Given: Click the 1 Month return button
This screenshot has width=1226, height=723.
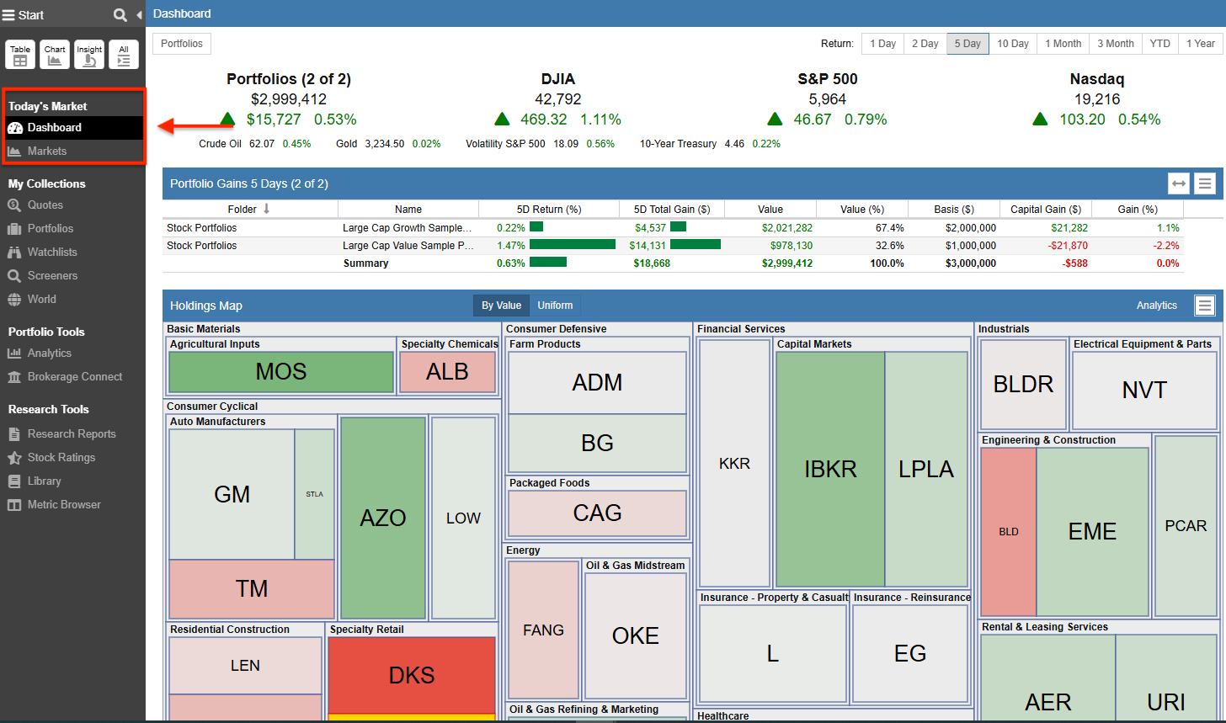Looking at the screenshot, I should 1063,44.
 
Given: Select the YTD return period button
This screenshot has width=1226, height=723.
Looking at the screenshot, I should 1159,44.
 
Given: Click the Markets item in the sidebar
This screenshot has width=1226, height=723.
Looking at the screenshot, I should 46,152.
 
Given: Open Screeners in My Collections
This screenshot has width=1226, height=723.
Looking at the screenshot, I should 52,276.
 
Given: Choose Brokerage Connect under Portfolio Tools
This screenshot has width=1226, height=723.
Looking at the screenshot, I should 74,377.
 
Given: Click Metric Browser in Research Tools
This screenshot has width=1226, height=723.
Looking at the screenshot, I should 63,505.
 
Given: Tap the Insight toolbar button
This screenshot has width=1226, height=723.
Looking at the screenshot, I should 89,55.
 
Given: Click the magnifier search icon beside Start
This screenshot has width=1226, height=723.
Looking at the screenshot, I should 120,15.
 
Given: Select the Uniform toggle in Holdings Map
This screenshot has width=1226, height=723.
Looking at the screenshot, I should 555,306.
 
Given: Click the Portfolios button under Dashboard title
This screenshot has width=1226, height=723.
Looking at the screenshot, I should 182,44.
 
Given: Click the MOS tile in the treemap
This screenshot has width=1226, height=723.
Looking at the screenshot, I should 281,372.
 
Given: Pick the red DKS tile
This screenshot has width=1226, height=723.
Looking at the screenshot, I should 412,674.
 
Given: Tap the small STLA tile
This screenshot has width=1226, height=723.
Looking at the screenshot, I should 314,494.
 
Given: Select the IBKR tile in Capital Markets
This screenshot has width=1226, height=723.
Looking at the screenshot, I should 830,469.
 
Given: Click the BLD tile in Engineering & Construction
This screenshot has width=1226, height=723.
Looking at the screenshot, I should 1008,532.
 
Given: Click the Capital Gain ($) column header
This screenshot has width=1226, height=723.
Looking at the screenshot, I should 1045,210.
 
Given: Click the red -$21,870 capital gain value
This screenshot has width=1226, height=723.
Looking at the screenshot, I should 1064,246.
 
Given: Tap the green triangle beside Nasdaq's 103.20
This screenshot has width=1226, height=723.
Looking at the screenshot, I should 1040,120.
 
